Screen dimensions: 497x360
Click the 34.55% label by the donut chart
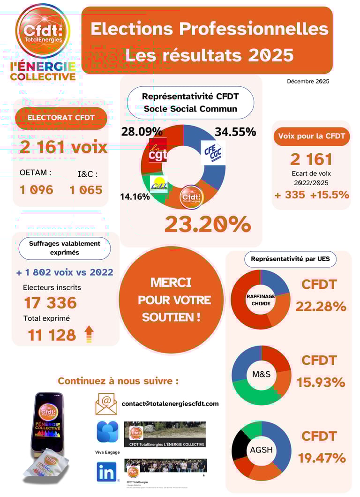tap(235, 132)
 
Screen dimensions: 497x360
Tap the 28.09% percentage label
tap(142, 131)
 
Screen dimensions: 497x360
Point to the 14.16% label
tap(135, 196)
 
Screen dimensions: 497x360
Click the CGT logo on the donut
tap(158, 150)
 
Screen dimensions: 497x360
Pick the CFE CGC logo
tap(212, 152)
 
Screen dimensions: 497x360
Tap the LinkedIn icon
tap(107, 472)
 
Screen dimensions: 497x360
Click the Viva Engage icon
tap(107, 432)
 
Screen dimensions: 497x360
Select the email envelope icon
tap(106, 403)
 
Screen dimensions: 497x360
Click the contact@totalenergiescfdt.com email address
tap(170, 404)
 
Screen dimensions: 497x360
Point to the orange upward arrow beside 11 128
tap(89, 334)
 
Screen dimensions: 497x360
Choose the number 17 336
tap(50, 302)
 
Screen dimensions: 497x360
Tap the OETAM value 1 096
tap(37, 190)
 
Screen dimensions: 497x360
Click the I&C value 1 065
tap(86, 190)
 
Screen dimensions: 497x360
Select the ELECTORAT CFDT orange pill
tap(61, 118)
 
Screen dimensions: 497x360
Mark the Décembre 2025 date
tap(308, 82)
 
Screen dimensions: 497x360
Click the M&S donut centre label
tap(261, 375)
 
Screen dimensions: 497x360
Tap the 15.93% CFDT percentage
tap(321, 382)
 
